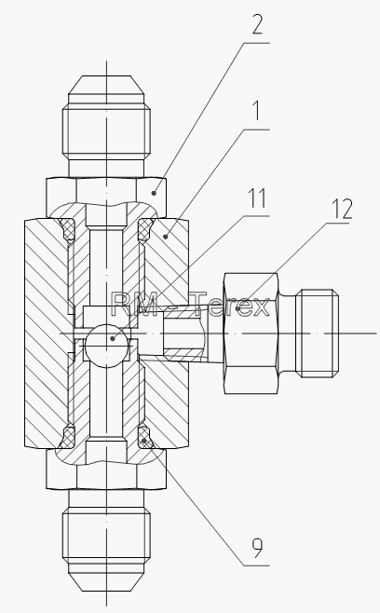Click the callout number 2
click(257, 24)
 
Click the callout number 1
click(256, 111)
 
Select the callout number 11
click(258, 198)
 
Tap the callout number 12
click(342, 209)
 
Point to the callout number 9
click(257, 548)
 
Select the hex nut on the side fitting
click(251, 334)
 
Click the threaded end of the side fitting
click(318, 334)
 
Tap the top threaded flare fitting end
click(106, 126)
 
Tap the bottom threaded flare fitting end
click(106, 540)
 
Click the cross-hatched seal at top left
click(68, 229)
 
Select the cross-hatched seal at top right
click(144, 229)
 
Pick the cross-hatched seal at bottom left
click(68, 437)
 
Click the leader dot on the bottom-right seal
click(144, 441)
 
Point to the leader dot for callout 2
click(154, 193)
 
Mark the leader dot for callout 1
click(166, 236)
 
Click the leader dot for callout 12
click(237, 308)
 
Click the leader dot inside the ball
click(113, 338)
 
